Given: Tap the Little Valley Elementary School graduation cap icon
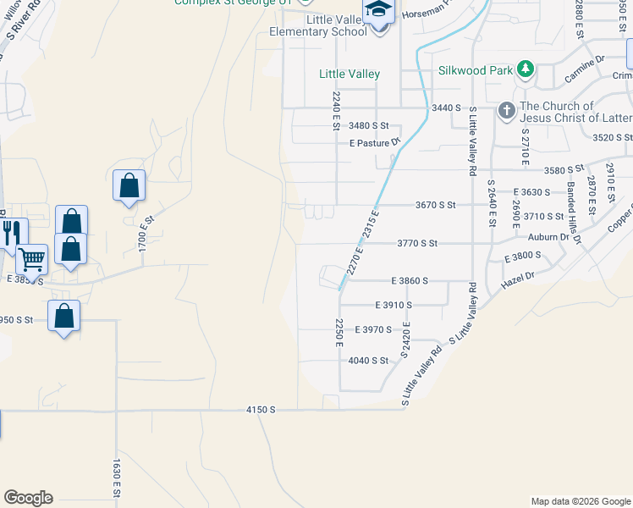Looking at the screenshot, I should pyautogui.click(x=377, y=12).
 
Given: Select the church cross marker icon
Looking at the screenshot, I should pyautogui.click(x=506, y=110).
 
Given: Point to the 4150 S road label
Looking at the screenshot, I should pyautogui.click(x=261, y=410).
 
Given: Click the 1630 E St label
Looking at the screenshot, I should pyautogui.click(x=117, y=477).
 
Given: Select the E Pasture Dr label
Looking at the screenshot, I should pyautogui.click(x=374, y=142).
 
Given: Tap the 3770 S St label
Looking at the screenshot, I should pyautogui.click(x=417, y=244).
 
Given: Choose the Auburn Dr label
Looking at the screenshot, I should pyautogui.click(x=548, y=237).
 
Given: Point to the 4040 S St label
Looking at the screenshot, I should pyautogui.click(x=368, y=360).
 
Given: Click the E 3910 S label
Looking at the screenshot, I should pyautogui.click(x=393, y=305).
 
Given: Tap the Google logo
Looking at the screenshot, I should pyautogui.click(x=28, y=498).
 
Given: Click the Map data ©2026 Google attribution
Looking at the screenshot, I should pyautogui.click(x=580, y=501).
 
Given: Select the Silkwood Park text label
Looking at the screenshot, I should pyautogui.click(x=476, y=70).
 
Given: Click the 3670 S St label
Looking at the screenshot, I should pyautogui.click(x=435, y=205).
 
